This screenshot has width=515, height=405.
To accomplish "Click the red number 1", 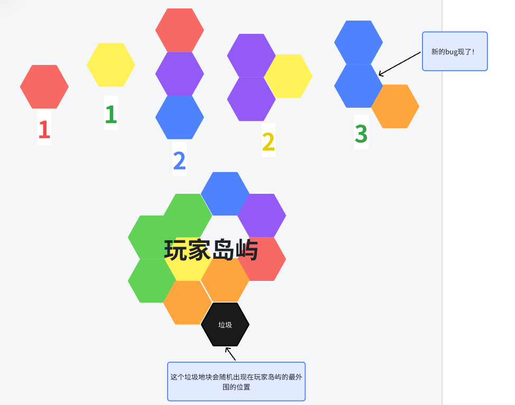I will point(44,129).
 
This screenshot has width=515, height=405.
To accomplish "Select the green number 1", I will point(111,114).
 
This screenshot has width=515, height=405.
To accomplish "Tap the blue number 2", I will point(179,160).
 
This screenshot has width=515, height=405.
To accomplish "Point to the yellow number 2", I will point(268,141).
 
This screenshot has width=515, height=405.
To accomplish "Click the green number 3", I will point(361,134).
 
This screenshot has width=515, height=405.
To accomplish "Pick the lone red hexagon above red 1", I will point(44,87).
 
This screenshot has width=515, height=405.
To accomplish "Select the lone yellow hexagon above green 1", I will point(111,65).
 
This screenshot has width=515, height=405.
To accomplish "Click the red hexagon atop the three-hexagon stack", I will point(180,30).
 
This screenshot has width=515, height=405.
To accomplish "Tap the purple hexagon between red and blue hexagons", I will point(180,73).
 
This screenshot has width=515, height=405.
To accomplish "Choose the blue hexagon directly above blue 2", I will point(180,117).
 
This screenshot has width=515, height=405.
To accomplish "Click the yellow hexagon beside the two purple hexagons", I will point(288,76).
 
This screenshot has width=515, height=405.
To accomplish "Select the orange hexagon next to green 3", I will point(396,106).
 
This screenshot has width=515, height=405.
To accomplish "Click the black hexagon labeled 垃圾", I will point(225,324).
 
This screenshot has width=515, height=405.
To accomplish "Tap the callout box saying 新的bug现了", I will point(455,51).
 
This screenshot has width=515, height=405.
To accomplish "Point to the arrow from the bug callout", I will point(400,63).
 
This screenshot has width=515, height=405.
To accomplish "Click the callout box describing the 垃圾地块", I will point(236,382).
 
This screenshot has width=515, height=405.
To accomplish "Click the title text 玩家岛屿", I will point(211,250).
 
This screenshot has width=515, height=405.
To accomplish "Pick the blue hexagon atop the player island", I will point(225,193).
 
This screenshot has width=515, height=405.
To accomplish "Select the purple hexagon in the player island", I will point(262,215).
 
